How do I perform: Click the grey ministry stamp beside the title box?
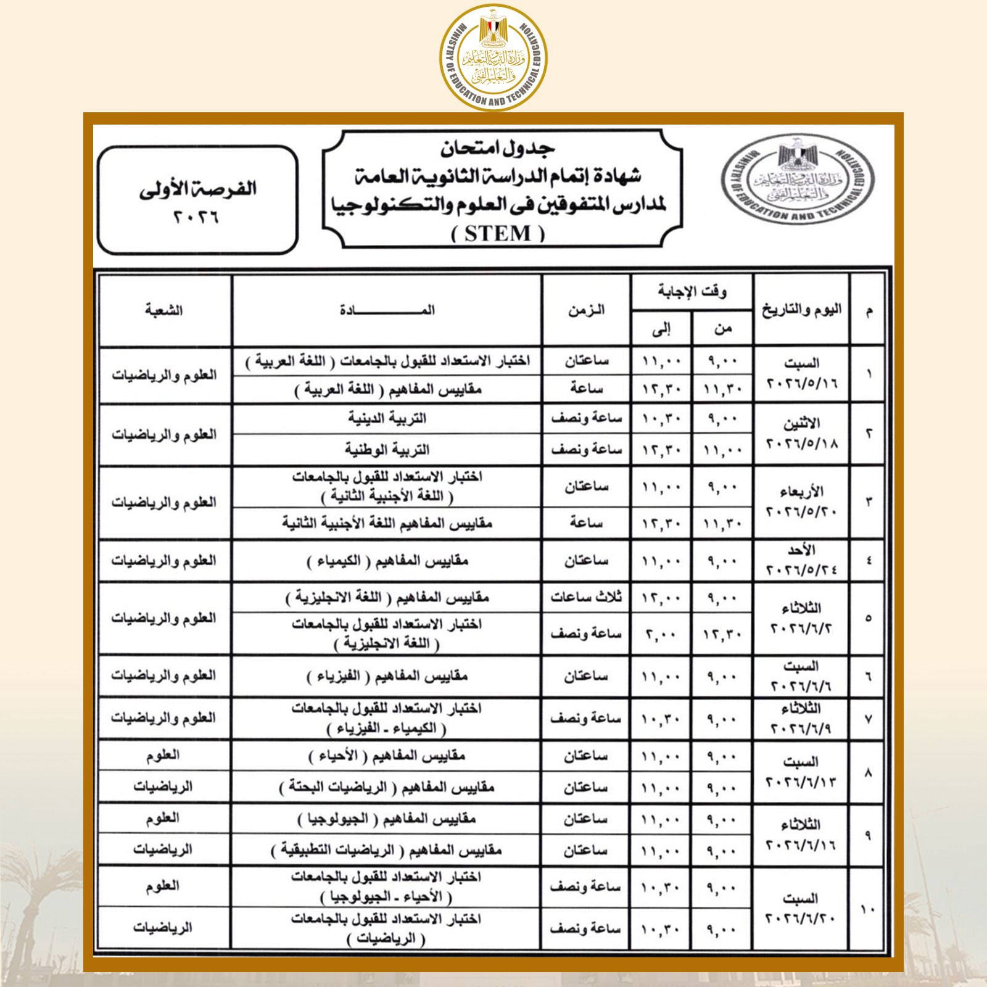[798, 182]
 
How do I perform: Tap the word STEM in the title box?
[498, 234]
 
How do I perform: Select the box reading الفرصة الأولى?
[197, 199]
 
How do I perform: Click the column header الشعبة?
[164, 310]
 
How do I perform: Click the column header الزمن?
[586, 310]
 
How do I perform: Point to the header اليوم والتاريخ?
[801, 310]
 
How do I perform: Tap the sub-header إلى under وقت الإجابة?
[661, 329]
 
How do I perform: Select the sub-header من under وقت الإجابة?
[722, 329]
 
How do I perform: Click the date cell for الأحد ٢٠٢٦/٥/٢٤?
[801, 560]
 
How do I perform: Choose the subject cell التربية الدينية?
[387, 419]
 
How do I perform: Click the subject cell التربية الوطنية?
[387, 450]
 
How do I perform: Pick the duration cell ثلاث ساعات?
[586, 597]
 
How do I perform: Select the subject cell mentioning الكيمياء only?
[387, 561]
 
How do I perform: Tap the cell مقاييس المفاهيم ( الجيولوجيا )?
[387, 819]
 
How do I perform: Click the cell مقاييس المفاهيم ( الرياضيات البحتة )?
[387, 788]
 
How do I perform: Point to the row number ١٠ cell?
[868, 909]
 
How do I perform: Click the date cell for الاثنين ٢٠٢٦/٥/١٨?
[801, 434]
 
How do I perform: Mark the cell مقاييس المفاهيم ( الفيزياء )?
[387, 677]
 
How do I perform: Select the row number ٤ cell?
[868, 560]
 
